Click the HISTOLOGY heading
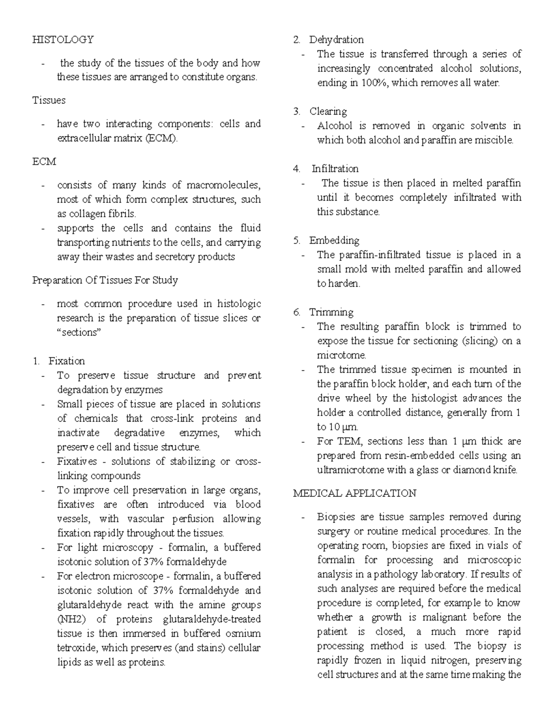tap(63, 40)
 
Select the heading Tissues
tap(49, 100)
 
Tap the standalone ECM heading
tap(44, 162)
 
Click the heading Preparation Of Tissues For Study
tap(105, 280)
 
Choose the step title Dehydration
tap(336, 40)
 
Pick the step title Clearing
tap(328, 111)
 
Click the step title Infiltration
tap(335, 169)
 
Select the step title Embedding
tap(334, 241)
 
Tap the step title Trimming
tap(331, 312)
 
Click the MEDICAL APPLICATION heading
tap(355, 493)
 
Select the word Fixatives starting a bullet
tap(77, 462)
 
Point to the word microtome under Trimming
tap(341, 355)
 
